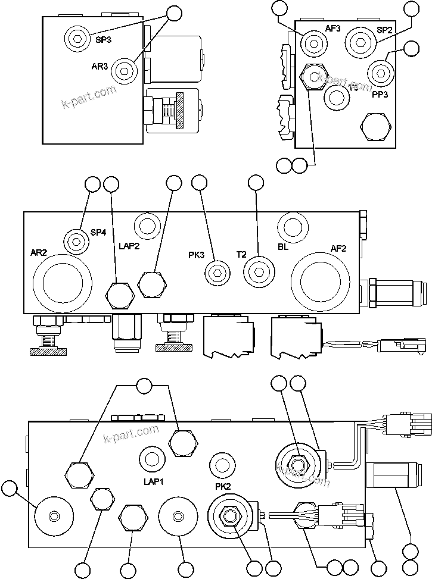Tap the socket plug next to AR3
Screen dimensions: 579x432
pyautogui.click(x=124, y=70)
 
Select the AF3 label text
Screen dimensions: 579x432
pyautogui.click(x=332, y=29)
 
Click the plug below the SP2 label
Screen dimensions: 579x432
pyautogui.click(x=360, y=42)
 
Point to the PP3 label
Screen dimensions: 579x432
pyautogui.click(x=381, y=93)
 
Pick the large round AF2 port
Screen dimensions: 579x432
pyautogui.click(x=321, y=280)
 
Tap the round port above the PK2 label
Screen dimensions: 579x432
pyautogui.click(x=223, y=464)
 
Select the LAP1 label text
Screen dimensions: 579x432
pyautogui.click(x=153, y=481)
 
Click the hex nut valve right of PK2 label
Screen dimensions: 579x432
pyautogui.click(x=229, y=515)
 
